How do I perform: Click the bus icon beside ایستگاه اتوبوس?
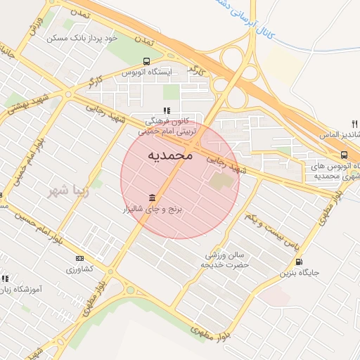146,61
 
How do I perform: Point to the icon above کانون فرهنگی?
167,110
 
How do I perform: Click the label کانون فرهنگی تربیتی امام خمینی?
166,126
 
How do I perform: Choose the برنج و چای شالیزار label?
153,209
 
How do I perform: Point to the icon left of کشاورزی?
79,258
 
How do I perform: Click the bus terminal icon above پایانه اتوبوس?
344,155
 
